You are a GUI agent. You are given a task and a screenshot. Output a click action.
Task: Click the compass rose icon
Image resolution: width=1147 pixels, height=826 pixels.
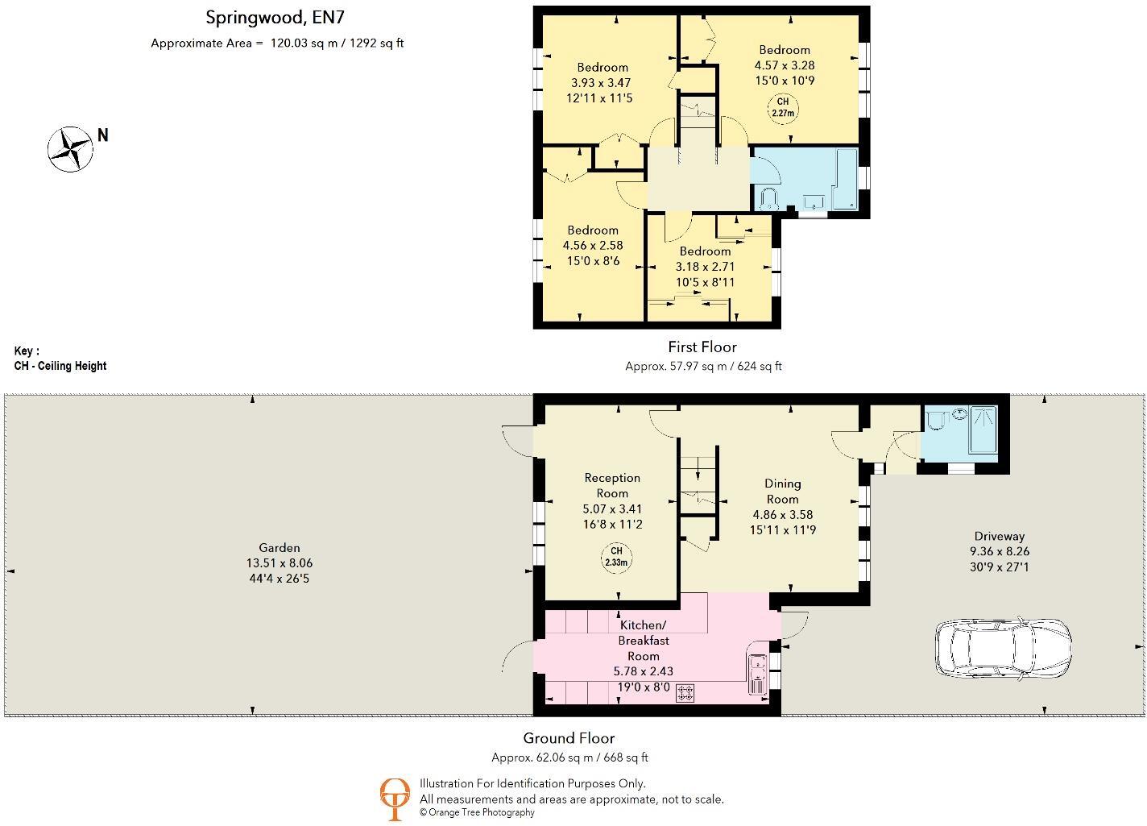pos(70,149)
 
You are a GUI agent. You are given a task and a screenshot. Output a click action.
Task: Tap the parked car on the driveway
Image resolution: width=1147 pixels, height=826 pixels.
pos(1003,647)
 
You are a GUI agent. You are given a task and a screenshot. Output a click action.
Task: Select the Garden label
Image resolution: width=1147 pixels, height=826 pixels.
pos(280,548)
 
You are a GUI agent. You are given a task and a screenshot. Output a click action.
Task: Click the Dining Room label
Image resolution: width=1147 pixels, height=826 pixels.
pos(782,491)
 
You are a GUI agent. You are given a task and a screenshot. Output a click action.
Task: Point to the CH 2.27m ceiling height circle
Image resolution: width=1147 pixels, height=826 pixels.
pos(782,107)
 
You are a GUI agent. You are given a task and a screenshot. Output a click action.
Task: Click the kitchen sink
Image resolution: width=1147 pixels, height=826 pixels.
pos(757,674)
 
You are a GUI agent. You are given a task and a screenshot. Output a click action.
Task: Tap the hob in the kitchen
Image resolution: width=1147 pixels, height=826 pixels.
pos(685,693)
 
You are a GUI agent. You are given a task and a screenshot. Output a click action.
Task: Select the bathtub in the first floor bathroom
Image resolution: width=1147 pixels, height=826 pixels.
pos(845,178)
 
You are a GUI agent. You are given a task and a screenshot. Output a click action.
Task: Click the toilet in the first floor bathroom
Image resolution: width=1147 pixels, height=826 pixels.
pos(767,198)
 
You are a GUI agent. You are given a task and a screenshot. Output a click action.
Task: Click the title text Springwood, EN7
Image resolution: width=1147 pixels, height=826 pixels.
pos(276,17)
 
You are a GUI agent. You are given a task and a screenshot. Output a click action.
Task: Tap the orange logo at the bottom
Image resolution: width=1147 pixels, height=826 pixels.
pos(395,798)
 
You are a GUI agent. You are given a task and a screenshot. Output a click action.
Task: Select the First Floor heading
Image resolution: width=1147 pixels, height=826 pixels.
pos(702,347)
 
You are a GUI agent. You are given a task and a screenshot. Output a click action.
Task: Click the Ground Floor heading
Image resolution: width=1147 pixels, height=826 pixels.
pos(569,738)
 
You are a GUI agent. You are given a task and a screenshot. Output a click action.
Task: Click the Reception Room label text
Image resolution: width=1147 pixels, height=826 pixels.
pos(612,485)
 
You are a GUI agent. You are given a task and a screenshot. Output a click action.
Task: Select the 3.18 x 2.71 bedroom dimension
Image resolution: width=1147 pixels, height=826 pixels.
pos(705,267)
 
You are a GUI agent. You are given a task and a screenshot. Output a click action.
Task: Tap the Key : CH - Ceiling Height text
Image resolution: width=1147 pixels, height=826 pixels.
pos(60,359)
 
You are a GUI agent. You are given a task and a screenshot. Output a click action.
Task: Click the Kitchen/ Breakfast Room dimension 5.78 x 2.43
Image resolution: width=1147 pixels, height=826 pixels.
pos(644,671)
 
